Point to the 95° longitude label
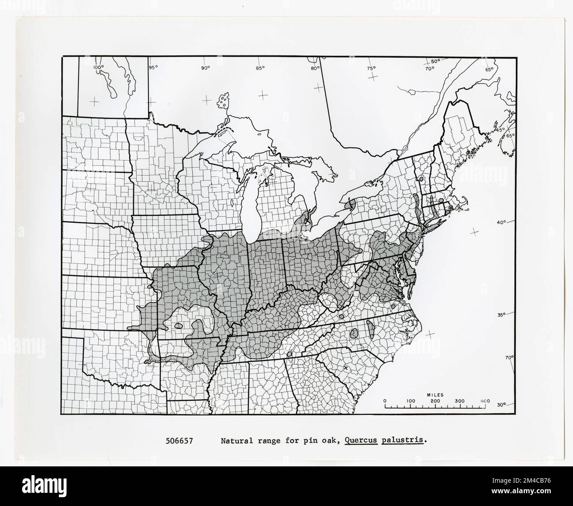[x=153, y=67]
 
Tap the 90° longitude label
[x=205, y=67]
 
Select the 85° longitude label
[x=260, y=67]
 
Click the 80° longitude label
[x=315, y=68]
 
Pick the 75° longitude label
[x=371, y=68]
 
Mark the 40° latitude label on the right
[x=501, y=223]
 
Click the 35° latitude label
[x=501, y=314]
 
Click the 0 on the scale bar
[x=385, y=401]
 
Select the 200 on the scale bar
[x=435, y=401]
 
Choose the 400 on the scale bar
[x=485, y=401]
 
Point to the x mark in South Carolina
[x=346, y=367]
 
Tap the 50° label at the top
[x=435, y=61]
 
